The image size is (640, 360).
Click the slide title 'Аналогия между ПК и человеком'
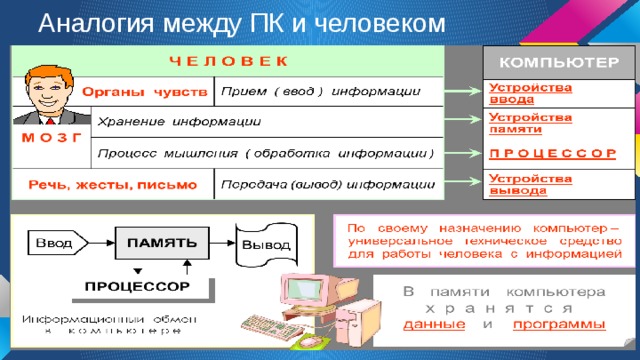pyautogui.click(x=228, y=22)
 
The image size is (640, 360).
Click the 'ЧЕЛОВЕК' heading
pyautogui.click(x=228, y=60)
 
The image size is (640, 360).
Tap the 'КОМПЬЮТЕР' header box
pyautogui.click(x=557, y=62)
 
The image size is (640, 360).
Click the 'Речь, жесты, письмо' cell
pyautogui.click(x=110, y=185)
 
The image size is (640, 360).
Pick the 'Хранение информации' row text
pyautogui.click(x=180, y=122)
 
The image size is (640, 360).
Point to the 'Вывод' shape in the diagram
pyautogui.click(x=265, y=242)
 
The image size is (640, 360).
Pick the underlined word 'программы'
pyautogui.click(x=559, y=325)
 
